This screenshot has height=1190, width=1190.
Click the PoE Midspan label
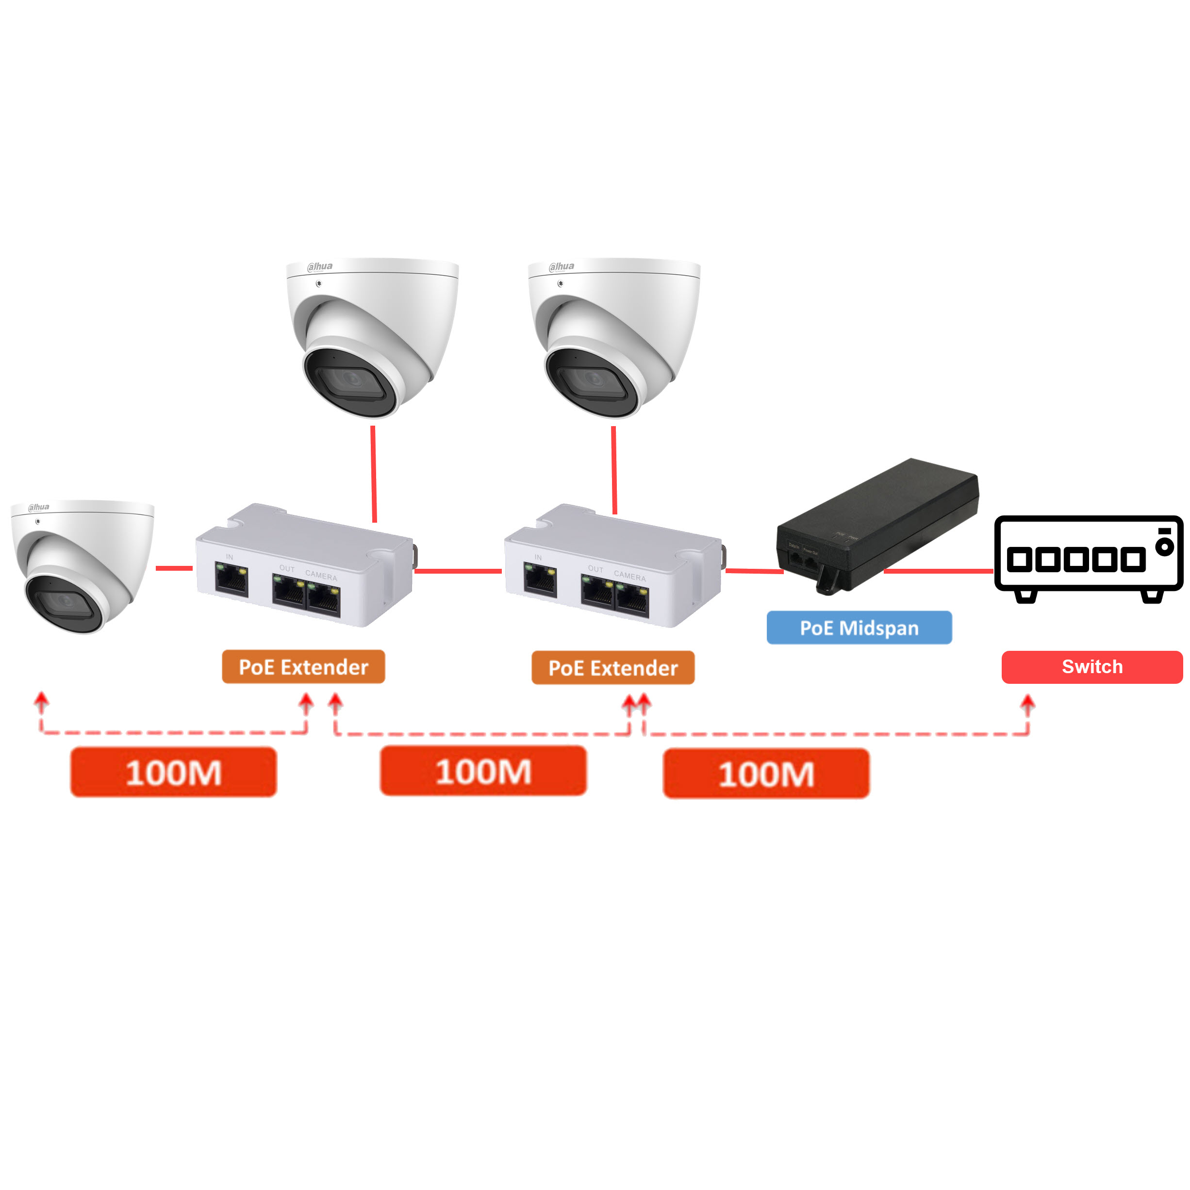859,628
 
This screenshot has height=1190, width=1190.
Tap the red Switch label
1091,666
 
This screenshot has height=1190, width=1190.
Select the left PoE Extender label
303,666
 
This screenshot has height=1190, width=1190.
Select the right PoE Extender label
612,668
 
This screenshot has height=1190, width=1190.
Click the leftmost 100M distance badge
173,772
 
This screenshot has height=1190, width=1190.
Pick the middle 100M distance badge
483,771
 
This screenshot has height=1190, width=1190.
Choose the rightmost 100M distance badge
766,774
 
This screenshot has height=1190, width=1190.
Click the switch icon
1088,558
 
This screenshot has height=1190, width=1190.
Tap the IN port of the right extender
540,579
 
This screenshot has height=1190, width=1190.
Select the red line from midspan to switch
938,571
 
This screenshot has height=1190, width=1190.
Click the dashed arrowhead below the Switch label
1027,702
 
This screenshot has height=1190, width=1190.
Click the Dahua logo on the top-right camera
561,266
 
